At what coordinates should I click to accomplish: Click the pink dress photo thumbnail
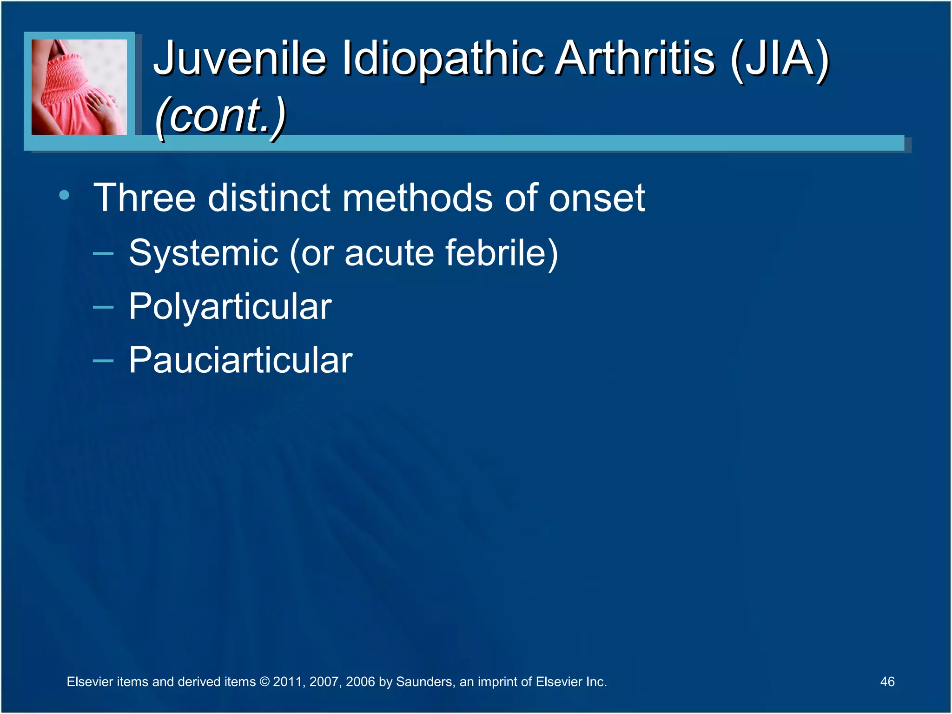[79, 87]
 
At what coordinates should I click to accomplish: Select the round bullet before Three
[64, 195]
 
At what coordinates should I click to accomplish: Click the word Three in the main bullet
[145, 198]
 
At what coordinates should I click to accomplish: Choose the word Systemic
[204, 253]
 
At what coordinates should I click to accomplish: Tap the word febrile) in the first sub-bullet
[502, 253]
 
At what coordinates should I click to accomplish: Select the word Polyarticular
[230, 307]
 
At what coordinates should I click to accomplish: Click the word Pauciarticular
[240, 360]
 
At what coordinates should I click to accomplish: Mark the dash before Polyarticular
[103, 307]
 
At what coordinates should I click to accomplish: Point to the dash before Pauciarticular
[103, 361]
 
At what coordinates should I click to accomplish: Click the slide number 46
[887, 681]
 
